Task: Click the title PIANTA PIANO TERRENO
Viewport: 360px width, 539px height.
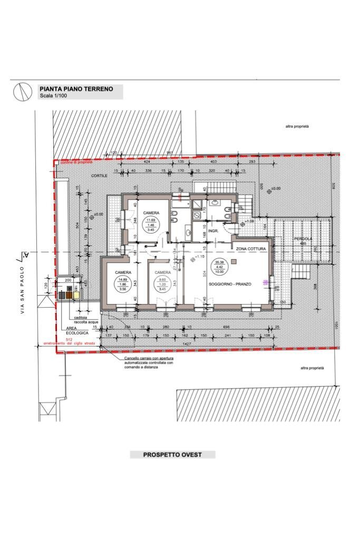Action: pos(76,89)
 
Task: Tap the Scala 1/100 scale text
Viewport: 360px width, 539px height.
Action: pos(54,96)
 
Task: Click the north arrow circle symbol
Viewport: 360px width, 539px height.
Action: pos(21,92)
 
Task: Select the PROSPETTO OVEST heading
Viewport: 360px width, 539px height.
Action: pos(172,455)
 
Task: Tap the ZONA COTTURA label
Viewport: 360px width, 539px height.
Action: pos(251,248)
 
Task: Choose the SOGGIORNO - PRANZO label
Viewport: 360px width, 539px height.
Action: pos(230,284)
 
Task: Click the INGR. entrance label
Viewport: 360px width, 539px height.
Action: pos(213,231)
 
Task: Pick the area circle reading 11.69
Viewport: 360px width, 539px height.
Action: pos(151,225)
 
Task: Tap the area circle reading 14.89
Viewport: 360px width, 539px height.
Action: pos(122,285)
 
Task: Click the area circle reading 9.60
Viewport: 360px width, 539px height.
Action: pos(162,285)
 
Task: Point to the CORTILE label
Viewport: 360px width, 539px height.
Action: pos(99,175)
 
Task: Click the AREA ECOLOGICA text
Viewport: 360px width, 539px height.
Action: pos(75,330)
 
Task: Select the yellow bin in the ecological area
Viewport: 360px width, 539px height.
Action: pos(77,296)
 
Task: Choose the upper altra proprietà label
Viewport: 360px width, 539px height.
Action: pos(297,126)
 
